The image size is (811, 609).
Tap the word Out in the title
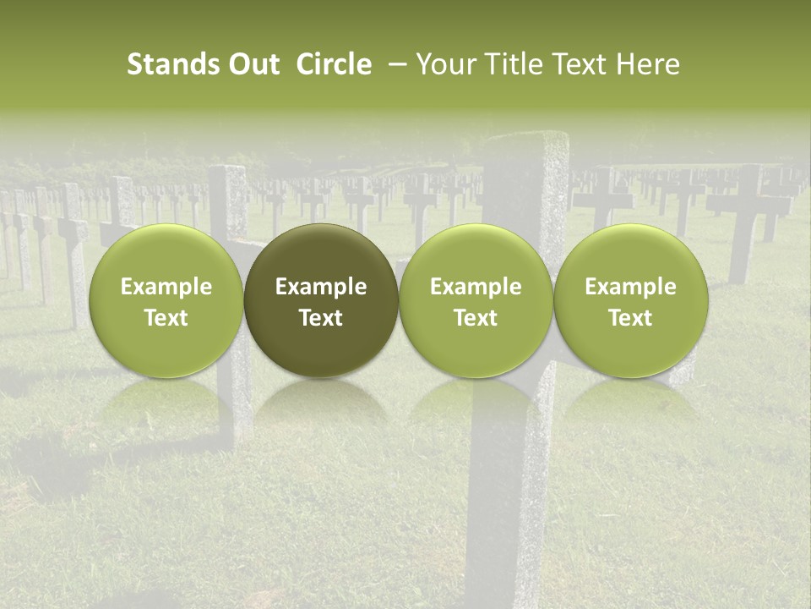253,64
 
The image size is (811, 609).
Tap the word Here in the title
646,64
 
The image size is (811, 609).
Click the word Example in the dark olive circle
321,287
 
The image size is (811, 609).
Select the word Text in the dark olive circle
321,318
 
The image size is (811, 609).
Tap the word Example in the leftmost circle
166,287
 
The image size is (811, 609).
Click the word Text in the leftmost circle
166,318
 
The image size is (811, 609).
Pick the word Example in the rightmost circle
630,287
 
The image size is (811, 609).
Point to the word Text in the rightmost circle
630,318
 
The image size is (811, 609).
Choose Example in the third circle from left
476,287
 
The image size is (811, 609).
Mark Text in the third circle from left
476,318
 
